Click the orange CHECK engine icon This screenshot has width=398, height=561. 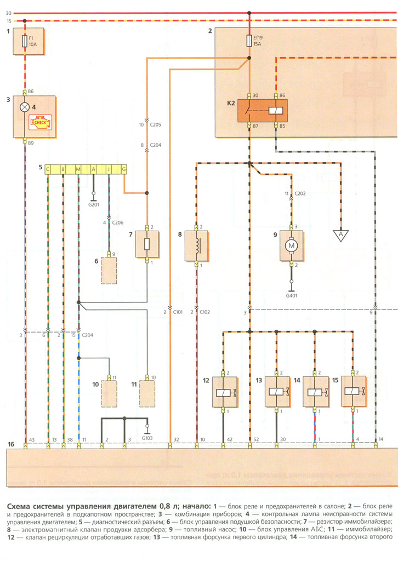(40, 122)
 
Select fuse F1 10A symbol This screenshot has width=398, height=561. (25, 41)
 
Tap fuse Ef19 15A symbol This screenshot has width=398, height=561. (249, 41)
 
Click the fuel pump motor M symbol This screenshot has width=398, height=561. (291, 245)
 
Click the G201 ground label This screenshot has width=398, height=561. (94, 205)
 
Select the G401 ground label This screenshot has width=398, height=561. (291, 295)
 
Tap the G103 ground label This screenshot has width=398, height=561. (147, 438)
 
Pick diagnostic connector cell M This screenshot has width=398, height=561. (78, 169)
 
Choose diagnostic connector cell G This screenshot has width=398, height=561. (124, 169)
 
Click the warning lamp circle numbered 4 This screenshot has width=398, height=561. (25, 107)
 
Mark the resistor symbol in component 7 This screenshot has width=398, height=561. (147, 244)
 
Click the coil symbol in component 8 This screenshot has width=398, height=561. (197, 244)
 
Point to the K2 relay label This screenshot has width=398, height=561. (231, 103)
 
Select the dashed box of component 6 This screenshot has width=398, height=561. (109, 271)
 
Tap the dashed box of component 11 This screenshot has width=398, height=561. (147, 393)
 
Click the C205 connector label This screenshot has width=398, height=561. (156, 125)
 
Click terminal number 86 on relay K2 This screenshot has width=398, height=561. (282, 95)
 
